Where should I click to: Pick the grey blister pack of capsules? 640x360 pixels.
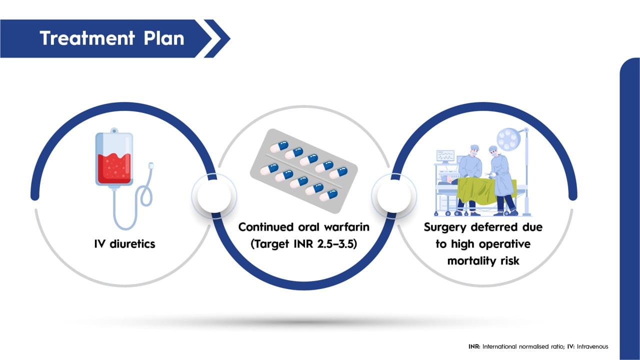tap(303, 165)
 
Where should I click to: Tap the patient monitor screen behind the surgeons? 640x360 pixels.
tap(445, 155)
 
